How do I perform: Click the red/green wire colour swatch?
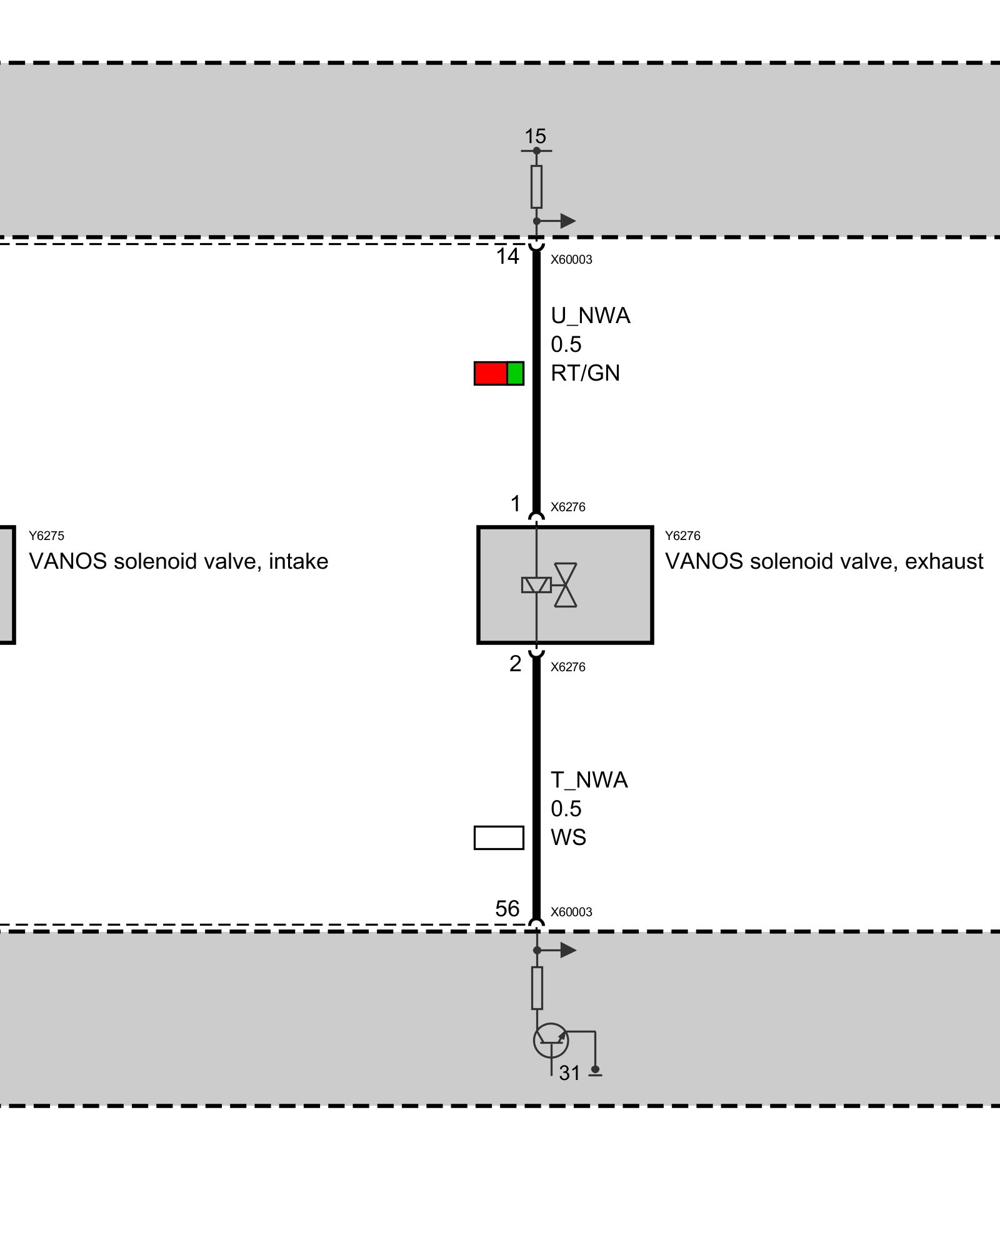[499, 373]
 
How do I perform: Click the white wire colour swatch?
[499, 837]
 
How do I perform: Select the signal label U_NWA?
[590, 316]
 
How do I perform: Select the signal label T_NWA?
[589, 780]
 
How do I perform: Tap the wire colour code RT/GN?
[585, 373]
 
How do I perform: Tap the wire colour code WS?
[568, 837]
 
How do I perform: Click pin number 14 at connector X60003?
[507, 256]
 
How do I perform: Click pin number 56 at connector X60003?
[507, 908]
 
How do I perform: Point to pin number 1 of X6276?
[515, 503]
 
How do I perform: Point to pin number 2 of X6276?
[515, 663]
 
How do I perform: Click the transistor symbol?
[551, 1041]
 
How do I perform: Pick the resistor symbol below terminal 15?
[536, 186]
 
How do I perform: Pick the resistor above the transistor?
[537, 988]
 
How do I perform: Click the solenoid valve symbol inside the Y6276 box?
[549, 585]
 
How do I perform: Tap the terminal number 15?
[535, 136]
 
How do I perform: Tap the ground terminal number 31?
[569, 1073]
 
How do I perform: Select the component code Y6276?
[682, 536]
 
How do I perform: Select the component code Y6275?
[46, 536]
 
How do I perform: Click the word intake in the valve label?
[298, 561]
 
